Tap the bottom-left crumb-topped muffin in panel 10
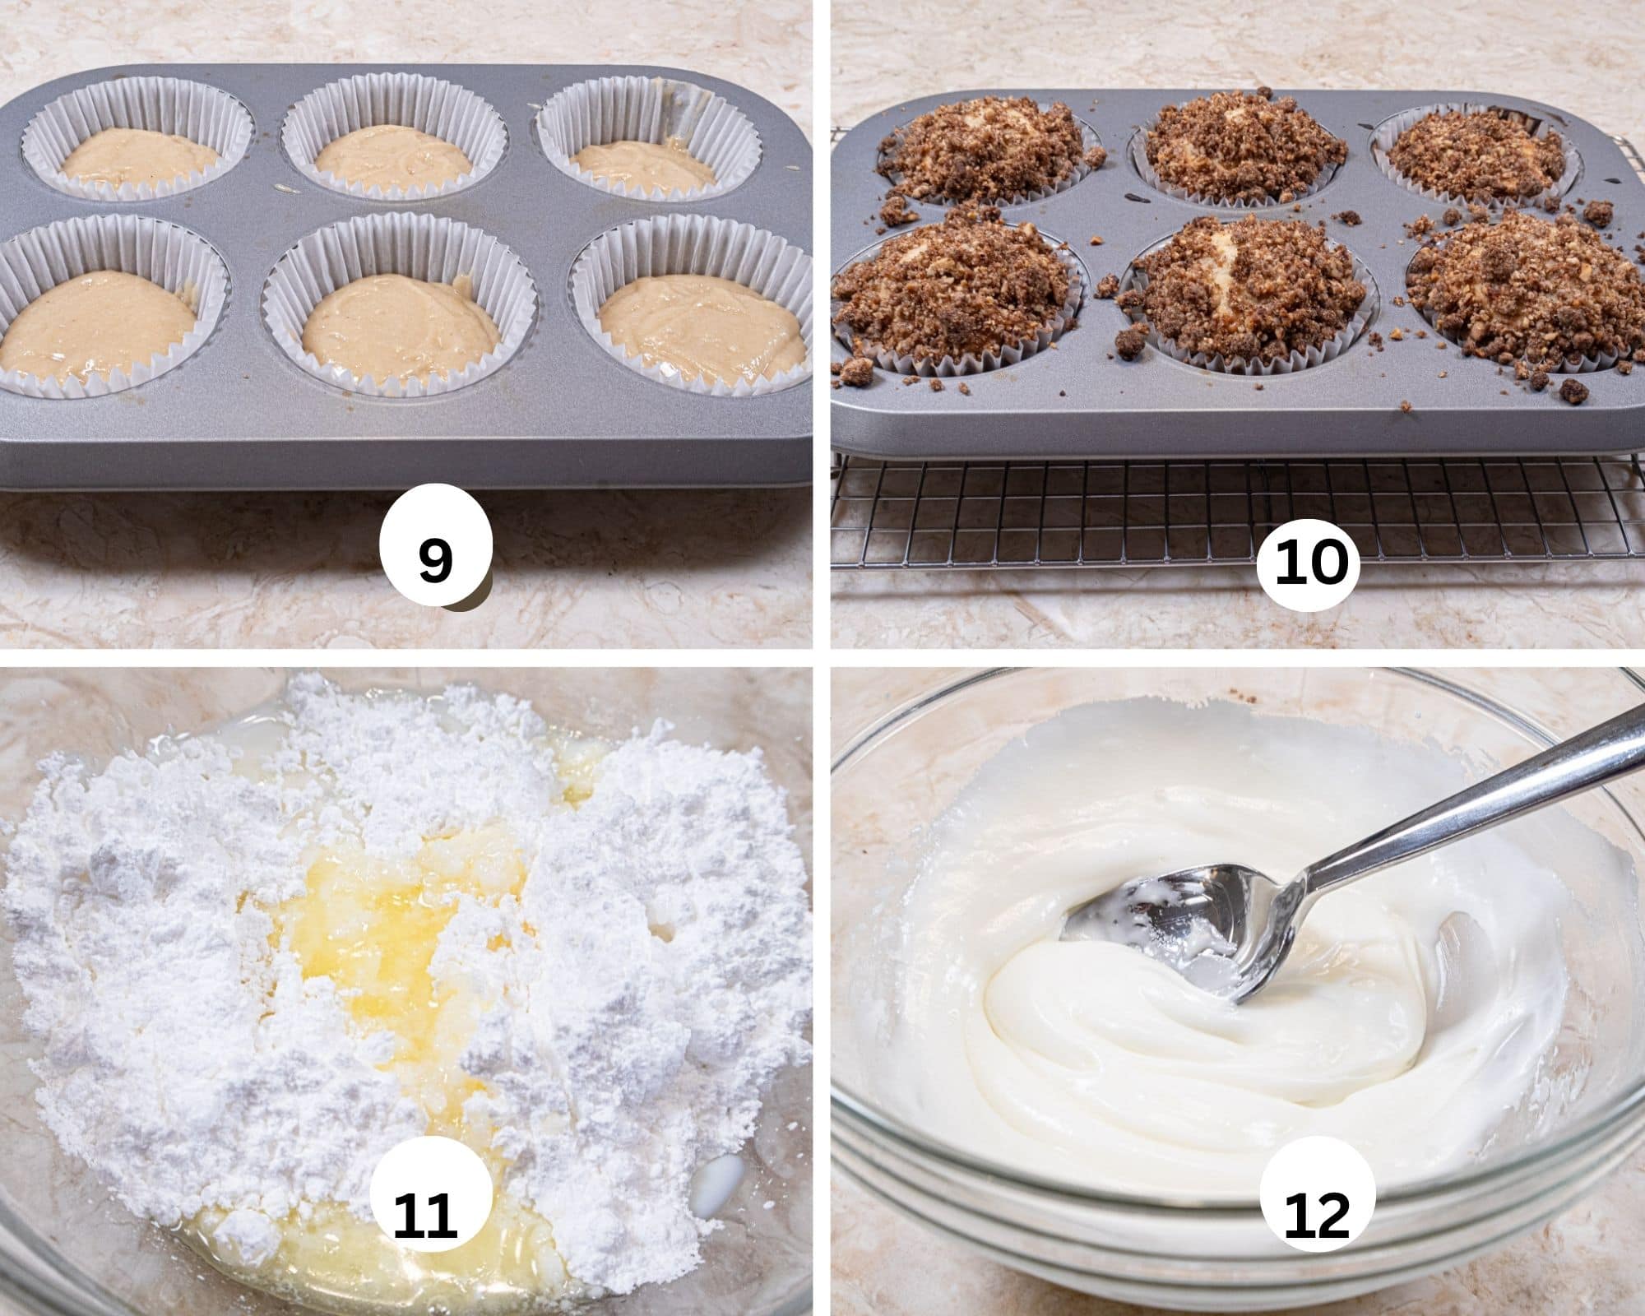[954, 288]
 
